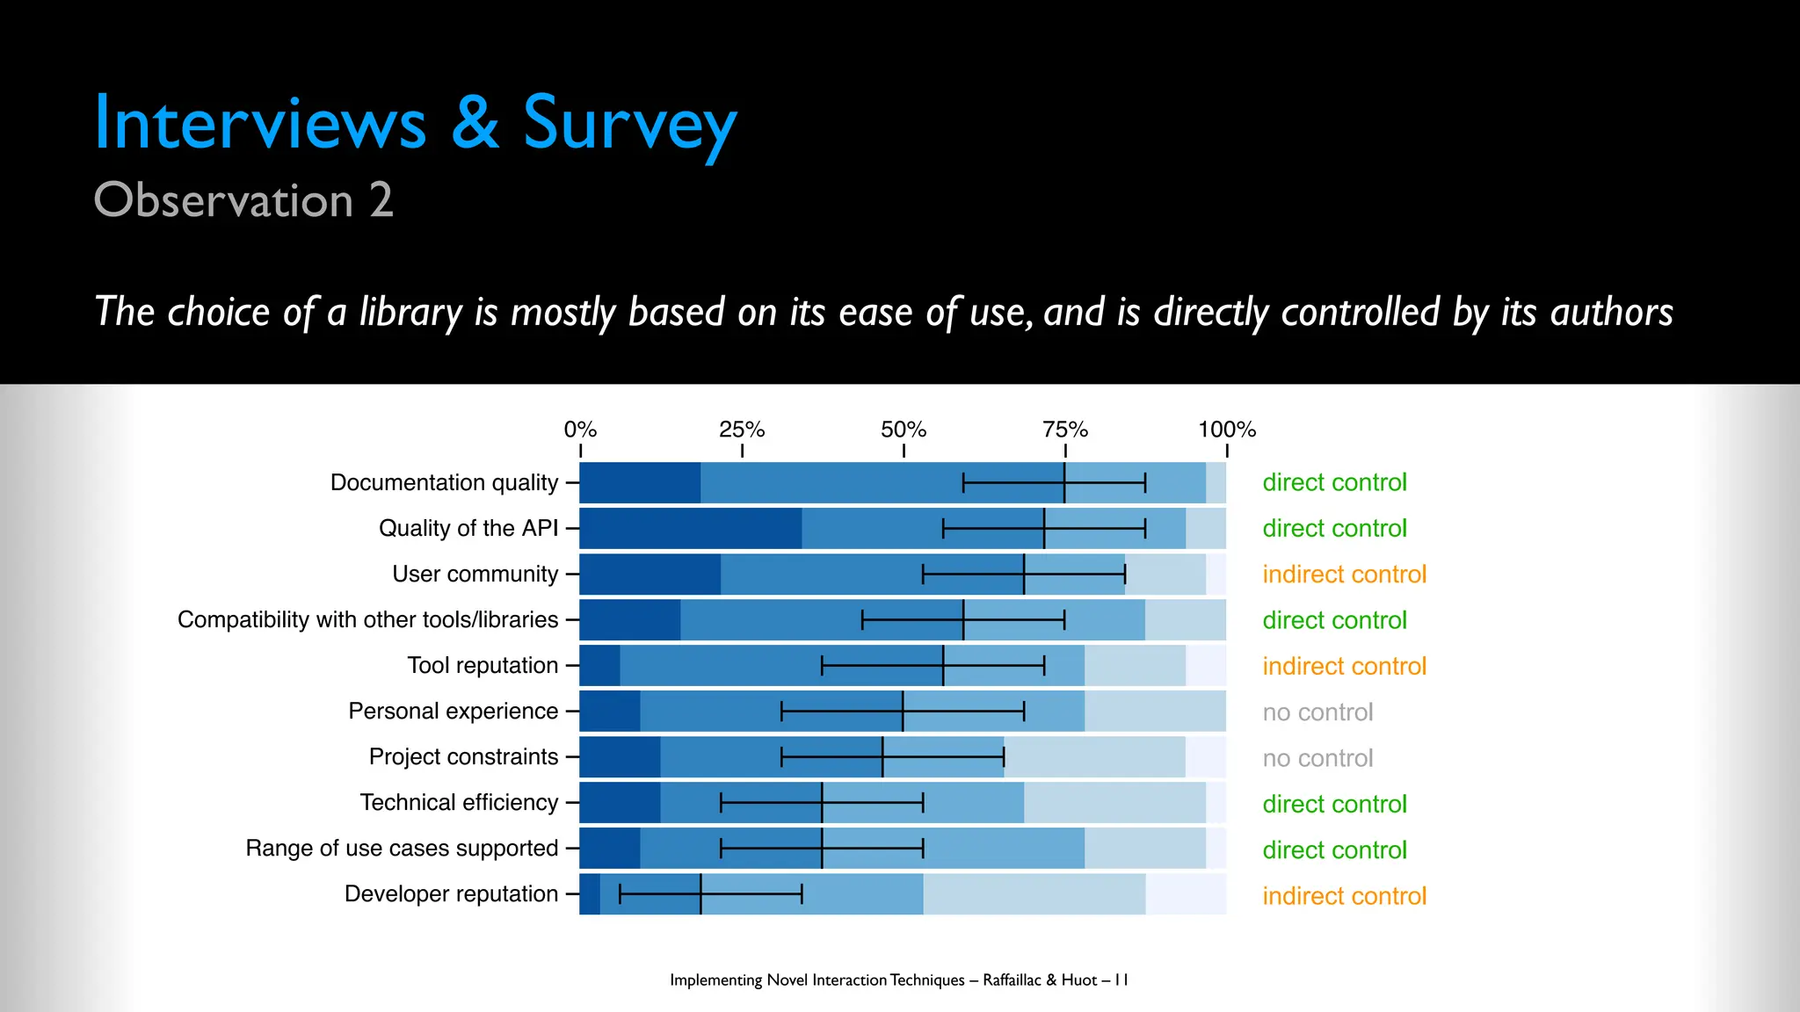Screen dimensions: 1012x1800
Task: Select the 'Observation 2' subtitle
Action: (x=243, y=200)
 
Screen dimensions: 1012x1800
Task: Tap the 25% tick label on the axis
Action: (x=742, y=430)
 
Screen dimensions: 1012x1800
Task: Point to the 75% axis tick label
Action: (x=1065, y=430)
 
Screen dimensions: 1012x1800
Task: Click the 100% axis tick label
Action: (x=1227, y=430)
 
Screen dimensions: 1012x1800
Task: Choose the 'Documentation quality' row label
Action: (x=444, y=482)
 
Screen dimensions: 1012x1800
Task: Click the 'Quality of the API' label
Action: (x=468, y=528)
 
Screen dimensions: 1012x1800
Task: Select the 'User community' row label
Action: (x=475, y=574)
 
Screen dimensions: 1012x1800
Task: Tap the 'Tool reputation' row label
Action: (x=483, y=665)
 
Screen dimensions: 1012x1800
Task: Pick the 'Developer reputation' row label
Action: (x=451, y=893)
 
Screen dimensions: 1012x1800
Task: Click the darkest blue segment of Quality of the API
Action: (x=690, y=528)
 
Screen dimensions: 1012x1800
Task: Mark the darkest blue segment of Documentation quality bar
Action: (x=640, y=482)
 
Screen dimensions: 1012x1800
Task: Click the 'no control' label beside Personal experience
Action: (x=1317, y=712)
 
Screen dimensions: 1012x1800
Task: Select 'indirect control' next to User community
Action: (x=1344, y=575)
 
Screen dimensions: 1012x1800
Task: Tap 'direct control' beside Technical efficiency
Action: (x=1334, y=804)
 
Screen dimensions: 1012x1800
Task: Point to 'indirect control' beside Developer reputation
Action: (x=1344, y=896)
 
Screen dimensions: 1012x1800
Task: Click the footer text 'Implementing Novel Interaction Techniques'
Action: (x=817, y=979)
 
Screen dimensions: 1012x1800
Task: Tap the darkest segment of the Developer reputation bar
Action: (x=590, y=893)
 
